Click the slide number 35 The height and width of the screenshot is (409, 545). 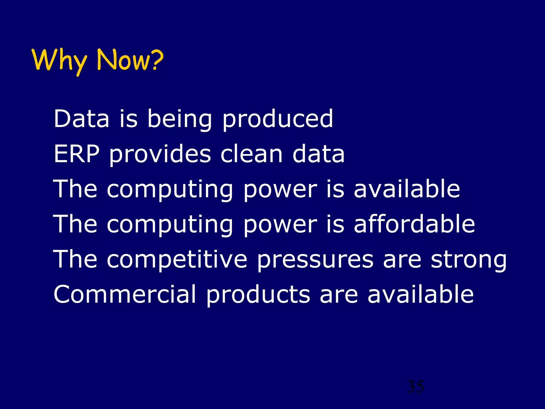pos(415,386)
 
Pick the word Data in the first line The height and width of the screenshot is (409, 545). pos(81,118)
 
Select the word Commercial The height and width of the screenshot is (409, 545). pos(125,294)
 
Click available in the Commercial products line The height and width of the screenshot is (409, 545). pos(420,294)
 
